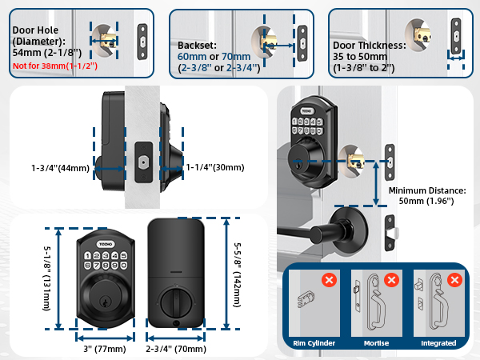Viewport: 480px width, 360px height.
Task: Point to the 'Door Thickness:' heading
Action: click(368, 46)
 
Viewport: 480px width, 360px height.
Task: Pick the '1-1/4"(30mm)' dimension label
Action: click(214, 168)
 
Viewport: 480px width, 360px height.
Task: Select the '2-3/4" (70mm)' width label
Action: click(177, 349)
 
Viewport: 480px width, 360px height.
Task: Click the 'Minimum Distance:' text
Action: click(426, 191)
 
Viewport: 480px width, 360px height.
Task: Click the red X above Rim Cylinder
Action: click(328, 281)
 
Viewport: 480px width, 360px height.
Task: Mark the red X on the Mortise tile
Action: click(391, 281)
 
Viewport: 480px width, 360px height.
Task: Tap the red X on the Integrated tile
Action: click(454, 281)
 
